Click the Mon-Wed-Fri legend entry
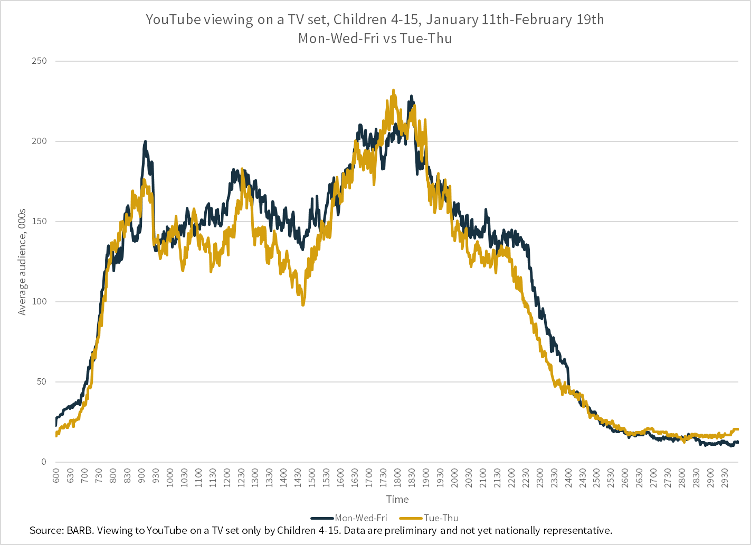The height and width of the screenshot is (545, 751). (x=360, y=518)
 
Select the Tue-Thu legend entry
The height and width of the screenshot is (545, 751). (x=441, y=518)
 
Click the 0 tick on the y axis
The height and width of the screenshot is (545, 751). (x=44, y=462)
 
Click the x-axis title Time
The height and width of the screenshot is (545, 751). (x=397, y=499)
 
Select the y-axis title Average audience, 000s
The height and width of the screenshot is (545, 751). (x=22, y=262)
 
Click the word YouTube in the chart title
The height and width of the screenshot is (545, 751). (x=173, y=20)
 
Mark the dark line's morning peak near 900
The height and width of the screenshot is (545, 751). (x=145, y=142)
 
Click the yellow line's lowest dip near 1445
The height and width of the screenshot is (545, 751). (x=303, y=304)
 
